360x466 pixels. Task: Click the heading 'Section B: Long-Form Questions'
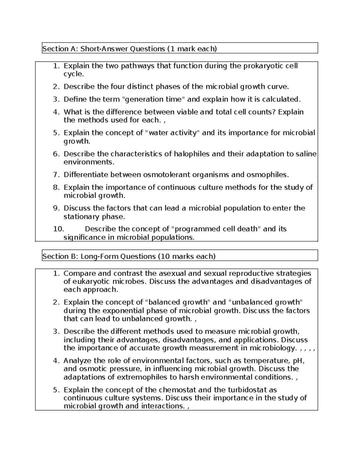pos(99,256)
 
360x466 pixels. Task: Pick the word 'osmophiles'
pos(267,175)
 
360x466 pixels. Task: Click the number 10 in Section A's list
pos(58,229)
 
